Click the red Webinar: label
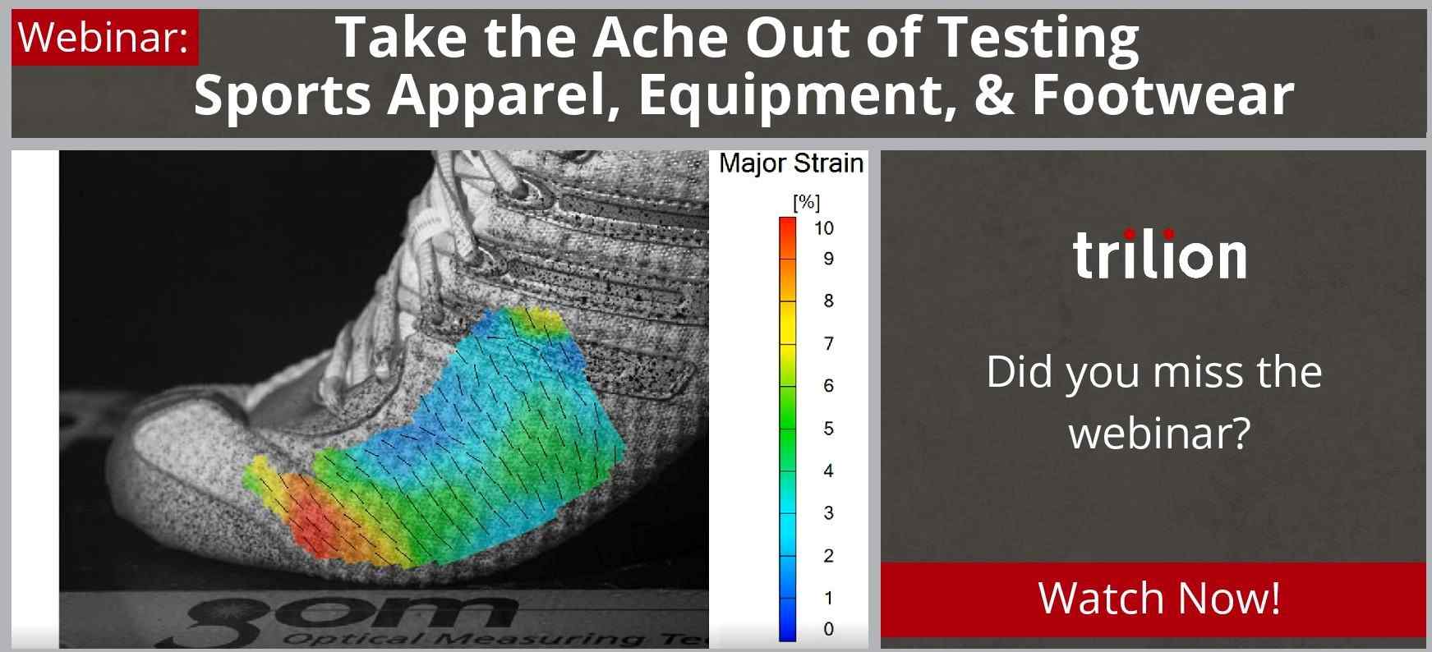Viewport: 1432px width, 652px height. pyautogui.click(x=105, y=37)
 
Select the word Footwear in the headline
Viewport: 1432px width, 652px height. pyautogui.click(x=1163, y=94)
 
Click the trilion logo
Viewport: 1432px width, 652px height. pyautogui.click(x=1159, y=254)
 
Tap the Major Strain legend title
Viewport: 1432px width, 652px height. pyautogui.click(x=791, y=163)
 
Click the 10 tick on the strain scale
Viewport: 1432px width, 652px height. pyautogui.click(x=824, y=228)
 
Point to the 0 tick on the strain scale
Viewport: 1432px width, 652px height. pyautogui.click(x=828, y=629)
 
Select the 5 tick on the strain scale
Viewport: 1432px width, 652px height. pyautogui.click(x=828, y=429)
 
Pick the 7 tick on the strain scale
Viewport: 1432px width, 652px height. pyautogui.click(x=828, y=343)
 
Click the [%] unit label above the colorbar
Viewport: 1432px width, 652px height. pyautogui.click(x=806, y=202)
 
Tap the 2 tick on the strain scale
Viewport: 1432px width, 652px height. pyautogui.click(x=828, y=556)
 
